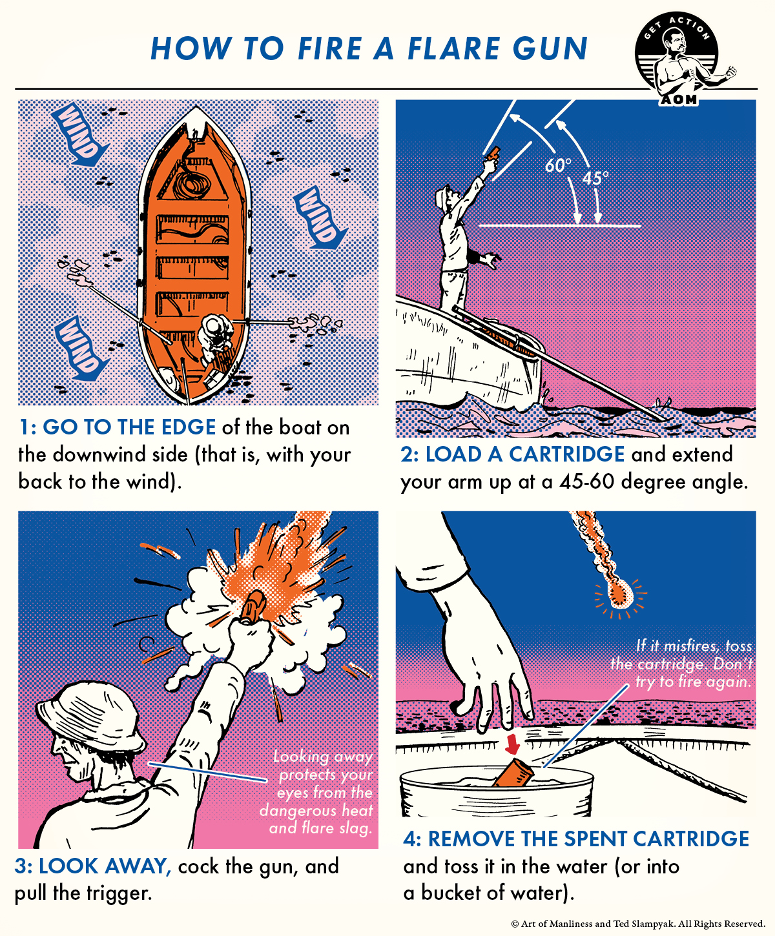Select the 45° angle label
(x=595, y=178)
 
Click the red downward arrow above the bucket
(x=512, y=743)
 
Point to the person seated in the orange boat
(x=215, y=338)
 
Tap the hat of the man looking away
(x=90, y=711)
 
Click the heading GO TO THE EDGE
(x=129, y=427)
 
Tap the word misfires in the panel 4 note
(x=690, y=646)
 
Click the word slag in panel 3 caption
(x=354, y=828)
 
